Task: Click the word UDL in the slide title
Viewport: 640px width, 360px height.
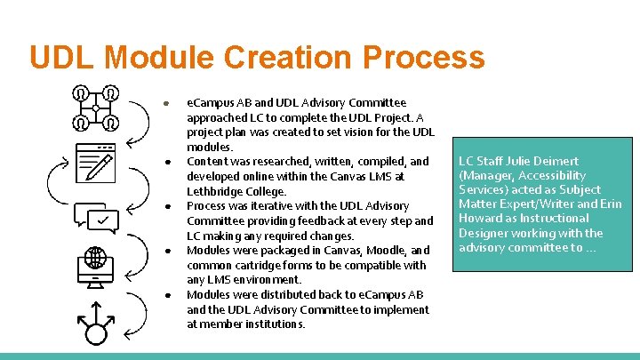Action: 61,58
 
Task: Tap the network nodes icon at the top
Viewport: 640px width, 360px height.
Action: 95,108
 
